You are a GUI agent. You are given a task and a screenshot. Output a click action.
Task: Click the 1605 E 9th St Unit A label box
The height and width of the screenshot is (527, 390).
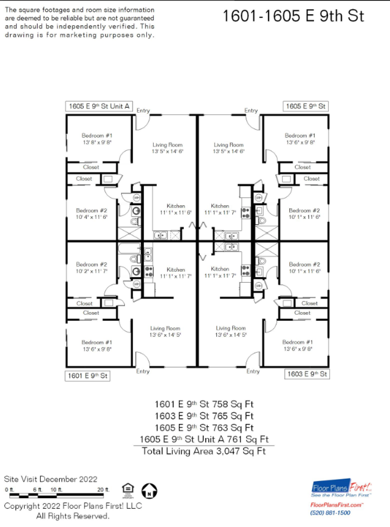click(99, 106)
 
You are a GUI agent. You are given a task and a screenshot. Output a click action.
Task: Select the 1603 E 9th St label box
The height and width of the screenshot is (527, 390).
click(307, 374)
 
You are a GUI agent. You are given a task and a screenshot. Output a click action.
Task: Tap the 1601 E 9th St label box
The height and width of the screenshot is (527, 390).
click(87, 376)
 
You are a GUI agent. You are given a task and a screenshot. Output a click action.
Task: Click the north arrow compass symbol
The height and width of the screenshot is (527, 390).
click(149, 491)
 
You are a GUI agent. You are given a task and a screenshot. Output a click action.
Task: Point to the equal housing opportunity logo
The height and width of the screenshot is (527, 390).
click(128, 491)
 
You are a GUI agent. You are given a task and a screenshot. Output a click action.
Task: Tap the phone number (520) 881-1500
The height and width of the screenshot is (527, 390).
click(330, 513)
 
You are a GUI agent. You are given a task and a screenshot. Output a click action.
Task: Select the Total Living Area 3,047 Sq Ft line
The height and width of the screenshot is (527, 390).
click(204, 451)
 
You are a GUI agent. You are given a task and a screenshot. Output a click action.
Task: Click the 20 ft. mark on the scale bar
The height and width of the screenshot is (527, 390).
click(103, 490)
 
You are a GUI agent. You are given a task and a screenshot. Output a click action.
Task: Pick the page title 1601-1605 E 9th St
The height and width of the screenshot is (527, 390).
click(293, 16)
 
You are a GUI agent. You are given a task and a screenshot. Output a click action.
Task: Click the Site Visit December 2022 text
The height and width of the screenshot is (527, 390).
click(50, 479)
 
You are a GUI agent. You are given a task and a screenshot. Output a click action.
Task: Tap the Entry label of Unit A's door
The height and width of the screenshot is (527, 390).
click(143, 110)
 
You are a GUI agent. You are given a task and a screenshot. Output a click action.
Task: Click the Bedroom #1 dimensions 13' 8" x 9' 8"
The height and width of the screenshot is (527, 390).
click(97, 142)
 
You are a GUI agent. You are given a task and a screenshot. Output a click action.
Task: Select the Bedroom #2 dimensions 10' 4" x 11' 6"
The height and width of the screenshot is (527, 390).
click(92, 217)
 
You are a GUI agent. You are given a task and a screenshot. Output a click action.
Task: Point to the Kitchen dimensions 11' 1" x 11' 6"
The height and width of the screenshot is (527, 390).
click(176, 212)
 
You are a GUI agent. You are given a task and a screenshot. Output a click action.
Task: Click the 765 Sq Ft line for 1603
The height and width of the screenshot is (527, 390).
click(204, 416)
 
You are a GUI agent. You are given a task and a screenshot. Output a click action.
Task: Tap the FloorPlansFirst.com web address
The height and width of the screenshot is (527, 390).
click(336, 505)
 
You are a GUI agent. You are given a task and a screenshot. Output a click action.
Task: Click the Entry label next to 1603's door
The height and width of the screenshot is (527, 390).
click(253, 371)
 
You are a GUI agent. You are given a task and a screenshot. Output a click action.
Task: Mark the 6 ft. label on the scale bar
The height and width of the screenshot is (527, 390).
click(38, 490)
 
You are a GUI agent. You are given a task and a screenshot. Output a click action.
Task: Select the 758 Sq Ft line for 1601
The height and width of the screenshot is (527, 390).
click(204, 404)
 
